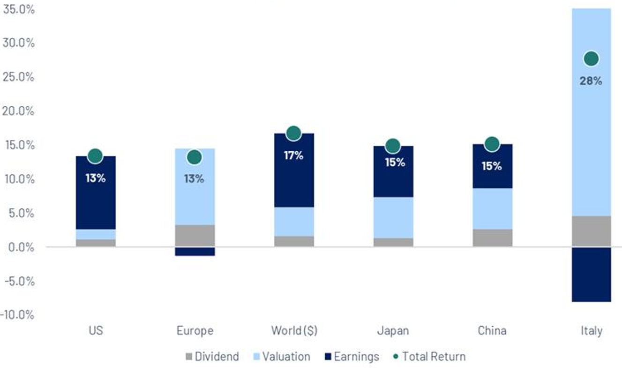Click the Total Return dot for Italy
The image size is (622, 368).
(x=591, y=59)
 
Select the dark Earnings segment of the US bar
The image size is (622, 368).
(x=96, y=201)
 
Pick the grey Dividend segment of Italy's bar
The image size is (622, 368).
(x=591, y=231)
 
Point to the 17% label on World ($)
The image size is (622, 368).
(x=293, y=155)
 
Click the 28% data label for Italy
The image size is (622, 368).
(x=591, y=81)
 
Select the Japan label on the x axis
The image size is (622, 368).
(x=393, y=331)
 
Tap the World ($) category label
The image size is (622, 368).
(x=294, y=331)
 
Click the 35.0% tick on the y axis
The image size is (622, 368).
(x=19, y=8)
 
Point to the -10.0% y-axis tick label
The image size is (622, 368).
(x=17, y=315)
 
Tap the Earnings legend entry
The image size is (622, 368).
(x=351, y=357)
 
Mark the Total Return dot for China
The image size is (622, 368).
(x=492, y=144)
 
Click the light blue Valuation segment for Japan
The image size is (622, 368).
(x=393, y=217)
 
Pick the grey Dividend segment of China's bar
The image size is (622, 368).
(x=492, y=237)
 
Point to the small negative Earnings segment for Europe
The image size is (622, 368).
(x=195, y=251)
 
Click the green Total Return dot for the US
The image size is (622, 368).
(x=95, y=156)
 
